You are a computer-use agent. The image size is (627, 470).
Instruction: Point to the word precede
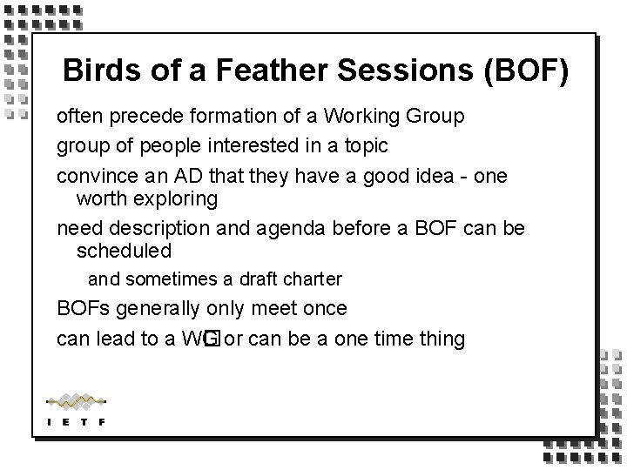pos(142,116)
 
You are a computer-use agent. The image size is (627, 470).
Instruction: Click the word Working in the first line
pos(367,116)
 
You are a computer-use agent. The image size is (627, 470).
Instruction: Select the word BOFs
pos(83,308)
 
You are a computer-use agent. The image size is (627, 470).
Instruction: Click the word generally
pos(160,308)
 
